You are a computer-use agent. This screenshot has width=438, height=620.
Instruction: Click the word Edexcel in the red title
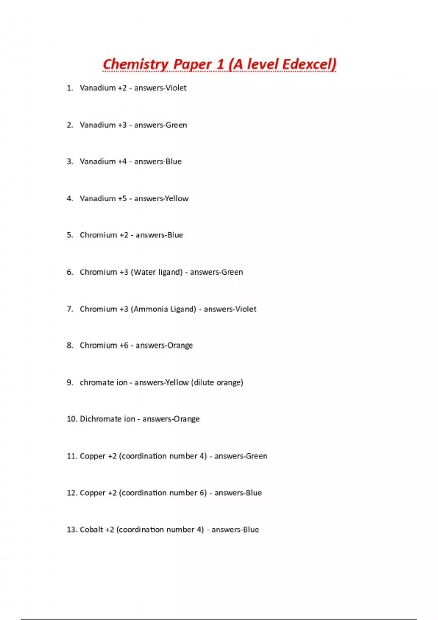(x=309, y=64)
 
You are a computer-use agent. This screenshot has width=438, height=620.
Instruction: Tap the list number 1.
(x=69, y=88)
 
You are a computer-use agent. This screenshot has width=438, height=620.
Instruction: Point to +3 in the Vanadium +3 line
(x=122, y=125)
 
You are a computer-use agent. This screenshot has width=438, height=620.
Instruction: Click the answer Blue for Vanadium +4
(x=173, y=162)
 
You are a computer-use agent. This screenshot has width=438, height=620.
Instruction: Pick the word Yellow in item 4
(x=177, y=198)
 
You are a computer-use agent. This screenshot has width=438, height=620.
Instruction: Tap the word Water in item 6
(x=145, y=272)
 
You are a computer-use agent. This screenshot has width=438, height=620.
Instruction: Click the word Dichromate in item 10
(x=100, y=419)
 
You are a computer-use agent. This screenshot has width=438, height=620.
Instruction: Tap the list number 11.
(x=71, y=456)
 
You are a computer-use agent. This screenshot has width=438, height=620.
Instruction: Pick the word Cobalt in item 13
(x=91, y=530)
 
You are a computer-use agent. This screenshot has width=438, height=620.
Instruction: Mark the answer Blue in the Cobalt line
(x=251, y=530)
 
